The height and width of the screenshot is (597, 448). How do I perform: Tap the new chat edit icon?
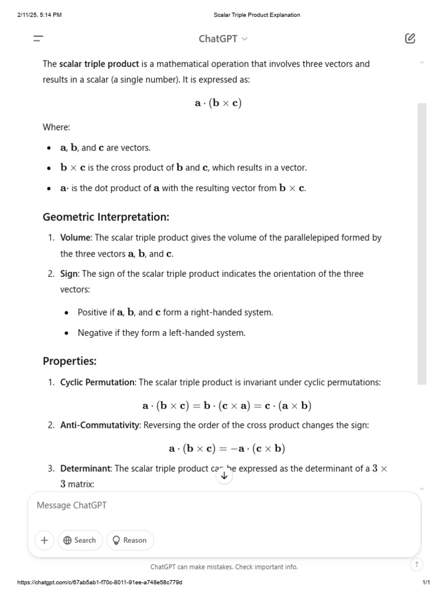tap(410, 39)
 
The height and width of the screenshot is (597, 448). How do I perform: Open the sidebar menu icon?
tap(38, 39)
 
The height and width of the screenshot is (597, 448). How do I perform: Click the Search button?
tap(80, 540)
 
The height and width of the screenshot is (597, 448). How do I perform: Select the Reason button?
tap(129, 540)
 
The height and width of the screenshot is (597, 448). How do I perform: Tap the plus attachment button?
tap(44, 540)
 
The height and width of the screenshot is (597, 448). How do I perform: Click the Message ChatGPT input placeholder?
tap(72, 505)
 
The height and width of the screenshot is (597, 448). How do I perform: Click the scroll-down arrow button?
tap(224, 476)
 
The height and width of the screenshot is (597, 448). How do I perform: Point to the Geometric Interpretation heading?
tap(106, 217)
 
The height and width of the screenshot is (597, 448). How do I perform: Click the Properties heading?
tap(69, 361)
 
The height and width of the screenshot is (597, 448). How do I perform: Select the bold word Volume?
tap(75, 238)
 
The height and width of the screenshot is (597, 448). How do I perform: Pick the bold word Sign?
tap(69, 274)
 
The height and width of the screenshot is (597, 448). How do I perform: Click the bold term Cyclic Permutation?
tap(97, 382)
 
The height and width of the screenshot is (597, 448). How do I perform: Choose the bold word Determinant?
tap(85, 469)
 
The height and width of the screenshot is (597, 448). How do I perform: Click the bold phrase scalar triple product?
tap(99, 64)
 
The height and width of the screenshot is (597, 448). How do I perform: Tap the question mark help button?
tap(416, 564)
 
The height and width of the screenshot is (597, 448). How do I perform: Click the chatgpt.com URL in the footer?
tap(100, 582)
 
